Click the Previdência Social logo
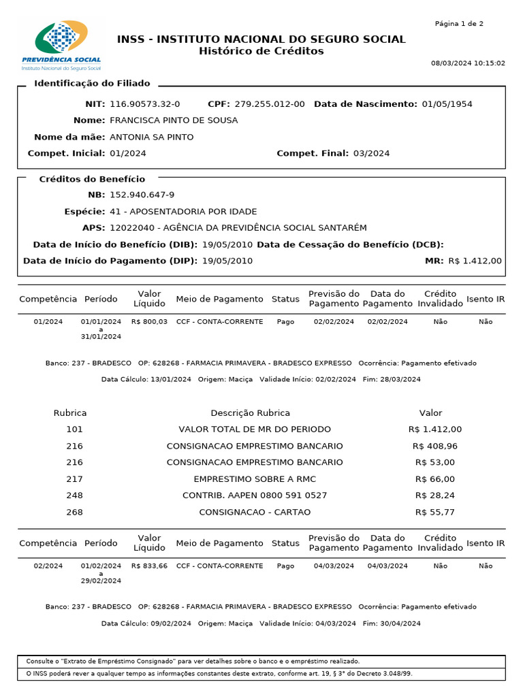61,46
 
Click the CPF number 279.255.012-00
270,104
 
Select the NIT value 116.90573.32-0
144,104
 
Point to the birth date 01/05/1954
447,104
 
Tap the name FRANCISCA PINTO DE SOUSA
174,120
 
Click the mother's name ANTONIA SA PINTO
151,137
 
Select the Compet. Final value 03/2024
371,153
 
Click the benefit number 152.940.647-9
142,195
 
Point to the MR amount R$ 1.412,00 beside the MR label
475,261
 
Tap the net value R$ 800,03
149,322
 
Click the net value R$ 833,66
149,566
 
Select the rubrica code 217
74,479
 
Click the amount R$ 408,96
435,447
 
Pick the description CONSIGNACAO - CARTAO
255,512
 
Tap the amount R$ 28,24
435,496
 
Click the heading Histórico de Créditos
261,52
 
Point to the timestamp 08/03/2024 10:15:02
468,63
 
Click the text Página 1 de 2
459,24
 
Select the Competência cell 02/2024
48,566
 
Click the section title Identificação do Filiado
92,84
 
